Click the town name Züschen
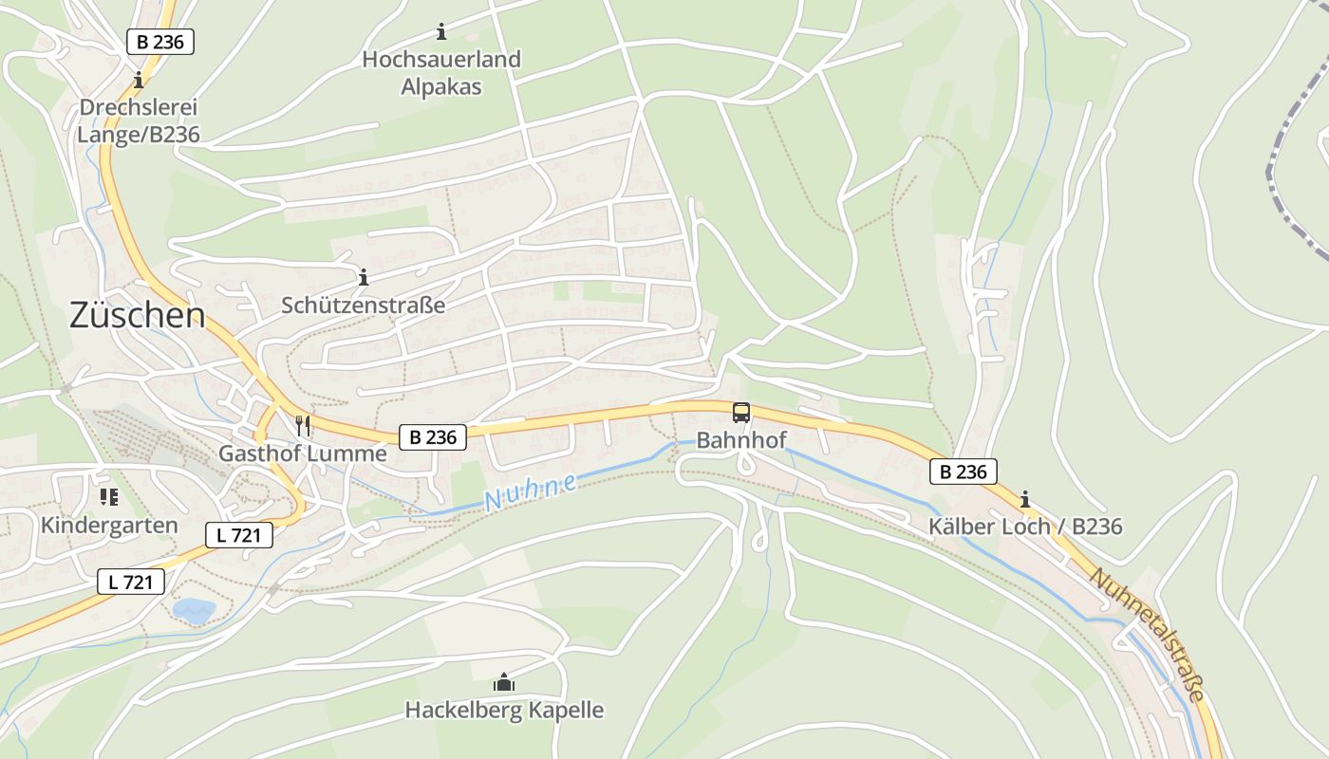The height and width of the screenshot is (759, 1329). coord(137,315)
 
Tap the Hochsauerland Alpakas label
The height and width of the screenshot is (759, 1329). coord(441,73)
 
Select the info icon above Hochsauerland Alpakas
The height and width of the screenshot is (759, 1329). coord(441,32)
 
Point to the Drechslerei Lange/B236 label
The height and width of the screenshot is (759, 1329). coord(139,120)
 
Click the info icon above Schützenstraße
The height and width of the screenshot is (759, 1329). coord(364,277)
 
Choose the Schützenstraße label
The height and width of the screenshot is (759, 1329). coord(364,305)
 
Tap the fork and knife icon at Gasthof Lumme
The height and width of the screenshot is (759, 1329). coord(303,424)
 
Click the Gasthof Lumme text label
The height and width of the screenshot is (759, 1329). coord(303,454)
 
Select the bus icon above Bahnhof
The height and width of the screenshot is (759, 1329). coord(741,413)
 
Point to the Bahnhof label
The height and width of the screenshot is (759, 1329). coord(741,440)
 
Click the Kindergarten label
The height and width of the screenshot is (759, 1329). coord(109,526)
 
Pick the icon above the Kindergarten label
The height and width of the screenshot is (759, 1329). coord(108,497)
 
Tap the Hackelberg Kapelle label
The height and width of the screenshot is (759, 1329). coord(504,710)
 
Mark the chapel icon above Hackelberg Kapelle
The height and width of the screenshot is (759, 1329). coord(503,682)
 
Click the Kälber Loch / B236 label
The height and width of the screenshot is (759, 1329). coord(1025,527)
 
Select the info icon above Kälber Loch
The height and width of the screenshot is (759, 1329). coord(1025,498)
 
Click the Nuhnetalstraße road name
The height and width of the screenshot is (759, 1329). coord(1148,634)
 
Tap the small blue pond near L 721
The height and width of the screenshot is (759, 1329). coord(194,611)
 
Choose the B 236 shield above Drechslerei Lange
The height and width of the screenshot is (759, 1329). coord(160,42)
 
